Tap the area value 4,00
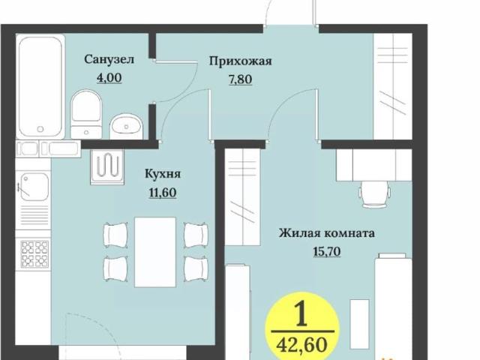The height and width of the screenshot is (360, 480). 109,76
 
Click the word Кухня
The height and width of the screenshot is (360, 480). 163,174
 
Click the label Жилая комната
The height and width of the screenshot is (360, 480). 327,233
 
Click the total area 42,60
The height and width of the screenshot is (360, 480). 303,346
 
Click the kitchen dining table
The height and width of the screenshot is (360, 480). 154,251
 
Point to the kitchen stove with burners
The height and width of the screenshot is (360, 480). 34,254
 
